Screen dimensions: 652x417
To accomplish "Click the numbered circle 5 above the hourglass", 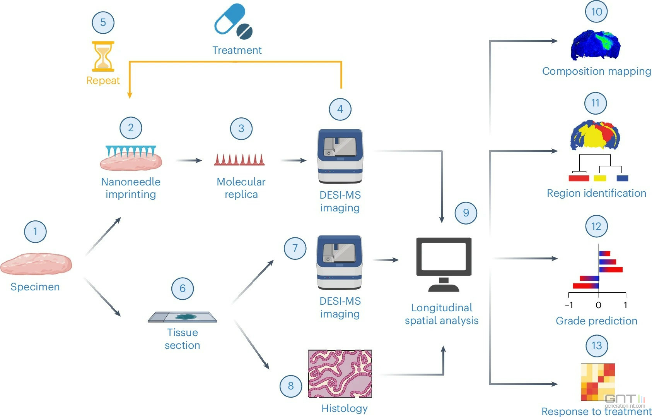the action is tap(103, 22).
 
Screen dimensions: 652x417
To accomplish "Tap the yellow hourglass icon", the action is tap(103, 56).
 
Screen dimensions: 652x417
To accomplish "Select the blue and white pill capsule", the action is tap(229, 18).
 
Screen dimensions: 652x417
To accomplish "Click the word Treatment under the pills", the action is tap(237, 50).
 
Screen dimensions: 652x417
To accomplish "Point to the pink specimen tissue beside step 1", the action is tap(36, 264).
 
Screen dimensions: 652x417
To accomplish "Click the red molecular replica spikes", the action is tap(239, 160).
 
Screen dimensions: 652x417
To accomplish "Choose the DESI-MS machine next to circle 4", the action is tap(340, 156).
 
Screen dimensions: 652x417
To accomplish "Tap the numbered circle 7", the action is tap(295, 248).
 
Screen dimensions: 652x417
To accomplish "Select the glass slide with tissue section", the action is tap(182, 317).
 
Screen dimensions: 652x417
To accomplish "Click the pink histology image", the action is tap(340, 374).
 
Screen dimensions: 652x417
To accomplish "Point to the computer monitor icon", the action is tap(444, 264).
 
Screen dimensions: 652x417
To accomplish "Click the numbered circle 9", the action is tap(466, 213).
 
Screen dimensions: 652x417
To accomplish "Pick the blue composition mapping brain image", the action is tap(596, 45).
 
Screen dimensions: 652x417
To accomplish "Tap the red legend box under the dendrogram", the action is tap(579, 178).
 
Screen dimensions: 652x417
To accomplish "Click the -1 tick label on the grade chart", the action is tap(569, 305).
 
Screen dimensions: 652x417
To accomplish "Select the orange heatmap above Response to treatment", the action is tap(598, 382).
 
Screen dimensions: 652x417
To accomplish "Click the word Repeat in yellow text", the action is tap(103, 81).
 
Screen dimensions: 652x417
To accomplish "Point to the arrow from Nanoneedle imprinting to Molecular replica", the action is tap(189, 160).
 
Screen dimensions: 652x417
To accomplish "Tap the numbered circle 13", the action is tap(597, 346).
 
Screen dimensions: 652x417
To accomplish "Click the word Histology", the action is tap(344, 408).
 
